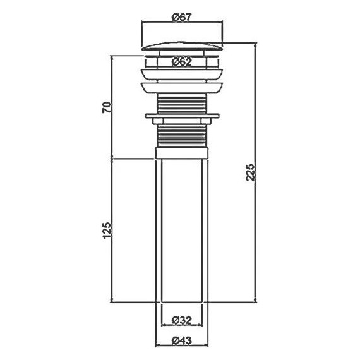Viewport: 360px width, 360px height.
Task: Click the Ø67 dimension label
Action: (181, 18)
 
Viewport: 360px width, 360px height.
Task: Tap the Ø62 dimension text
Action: (181, 62)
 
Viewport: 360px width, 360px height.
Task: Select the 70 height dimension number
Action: (107, 107)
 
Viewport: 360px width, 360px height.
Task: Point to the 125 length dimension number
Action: (107, 231)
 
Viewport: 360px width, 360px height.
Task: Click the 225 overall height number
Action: (250, 172)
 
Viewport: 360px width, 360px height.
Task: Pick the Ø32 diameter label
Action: (182, 320)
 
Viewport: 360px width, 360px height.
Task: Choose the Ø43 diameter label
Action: (182, 340)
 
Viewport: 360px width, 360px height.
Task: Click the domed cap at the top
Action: (182, 45)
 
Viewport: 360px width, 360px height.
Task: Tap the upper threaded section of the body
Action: (182, 104)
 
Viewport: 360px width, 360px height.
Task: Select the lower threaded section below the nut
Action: (182, 136)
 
